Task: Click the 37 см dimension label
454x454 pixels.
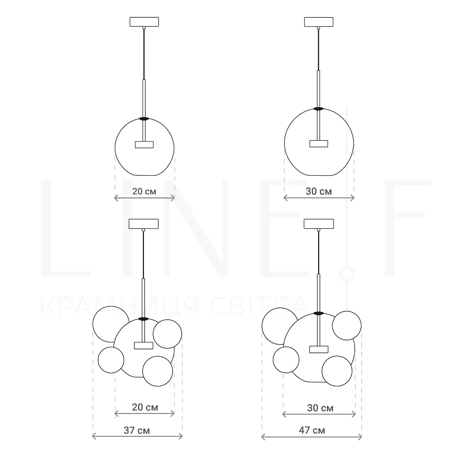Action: (x=137, y=430)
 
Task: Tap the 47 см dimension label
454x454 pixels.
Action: (x=312, y=430)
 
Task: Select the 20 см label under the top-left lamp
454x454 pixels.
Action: (x=144, y=192)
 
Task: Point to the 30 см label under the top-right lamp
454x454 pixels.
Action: (x=319, y=192)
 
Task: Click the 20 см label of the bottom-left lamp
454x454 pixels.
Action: (x=145, y=407)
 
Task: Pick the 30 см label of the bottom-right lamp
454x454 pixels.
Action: (x=320, y=408)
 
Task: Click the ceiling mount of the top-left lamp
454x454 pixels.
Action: (x=144, y=22)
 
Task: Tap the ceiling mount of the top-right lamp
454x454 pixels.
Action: (x=319, y=22)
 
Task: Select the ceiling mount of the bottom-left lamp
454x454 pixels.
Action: (x=143, y=224)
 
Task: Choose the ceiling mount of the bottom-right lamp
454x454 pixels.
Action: (x=319, y=224)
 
